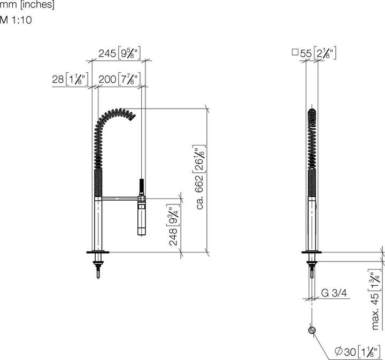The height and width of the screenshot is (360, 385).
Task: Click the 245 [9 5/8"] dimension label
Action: click(x=119, y=53)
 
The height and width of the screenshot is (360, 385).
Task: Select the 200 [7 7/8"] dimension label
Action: click(x=119, y=80)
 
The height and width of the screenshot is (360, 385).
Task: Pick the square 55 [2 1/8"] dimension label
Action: click(x=314, y=53)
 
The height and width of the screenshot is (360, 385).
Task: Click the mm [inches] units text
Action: click(x=27, y=6)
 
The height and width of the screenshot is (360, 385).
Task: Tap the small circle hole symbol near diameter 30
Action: click(x=311, y=330)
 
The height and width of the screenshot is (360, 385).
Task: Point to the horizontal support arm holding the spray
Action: click(x=120, y=199)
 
